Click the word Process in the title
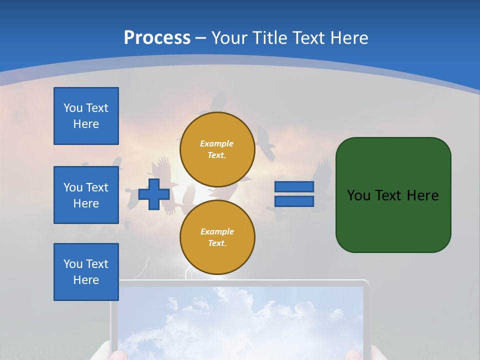157,38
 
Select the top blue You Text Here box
86,116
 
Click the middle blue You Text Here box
86,195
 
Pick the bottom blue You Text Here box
86,272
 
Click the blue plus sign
154,194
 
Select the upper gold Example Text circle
217,149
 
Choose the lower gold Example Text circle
217,237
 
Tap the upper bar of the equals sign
294,187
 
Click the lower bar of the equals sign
294,201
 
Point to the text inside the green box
392,195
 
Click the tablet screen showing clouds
240,320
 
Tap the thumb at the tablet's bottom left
114,354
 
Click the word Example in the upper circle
216,144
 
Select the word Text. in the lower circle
217,243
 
